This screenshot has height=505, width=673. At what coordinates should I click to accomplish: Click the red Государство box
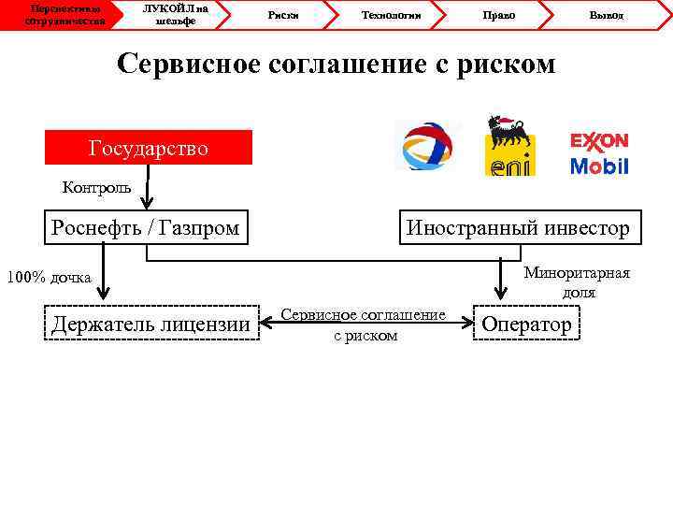pos(149,148)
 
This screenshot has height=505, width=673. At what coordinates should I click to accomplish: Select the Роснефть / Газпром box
pos(147,227)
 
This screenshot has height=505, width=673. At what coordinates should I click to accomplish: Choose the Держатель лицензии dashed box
pos(151,324)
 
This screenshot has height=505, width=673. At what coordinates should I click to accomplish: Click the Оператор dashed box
pos(526,324)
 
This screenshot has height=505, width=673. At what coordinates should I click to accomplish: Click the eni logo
pos(508,147)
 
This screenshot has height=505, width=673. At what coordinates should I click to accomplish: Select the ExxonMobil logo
pos(599,153)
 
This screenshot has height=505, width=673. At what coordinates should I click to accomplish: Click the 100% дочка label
pos(49,278)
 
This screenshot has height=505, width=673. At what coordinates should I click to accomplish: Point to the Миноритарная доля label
pos(577,282)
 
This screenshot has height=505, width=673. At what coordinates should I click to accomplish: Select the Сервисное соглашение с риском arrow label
pos(365,325)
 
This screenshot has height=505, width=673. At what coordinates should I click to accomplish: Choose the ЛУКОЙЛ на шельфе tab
pos(174,14)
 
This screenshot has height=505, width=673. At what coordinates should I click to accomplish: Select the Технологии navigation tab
pos(391,15)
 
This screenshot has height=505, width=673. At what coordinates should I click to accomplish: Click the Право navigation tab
pos(499,15)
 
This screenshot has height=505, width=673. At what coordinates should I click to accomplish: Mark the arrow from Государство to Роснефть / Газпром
pos(148,189)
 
